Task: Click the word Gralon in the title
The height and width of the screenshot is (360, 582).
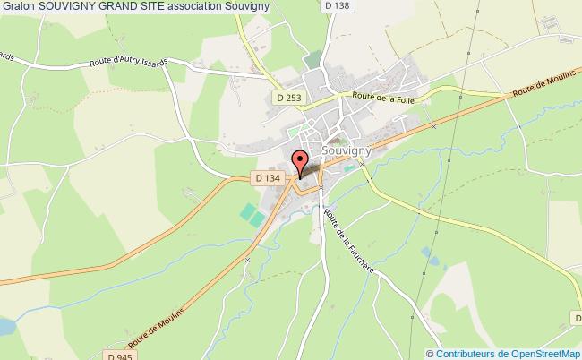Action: click(18, 7)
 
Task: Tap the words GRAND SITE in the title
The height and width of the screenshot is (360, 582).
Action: click(129, 7)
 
